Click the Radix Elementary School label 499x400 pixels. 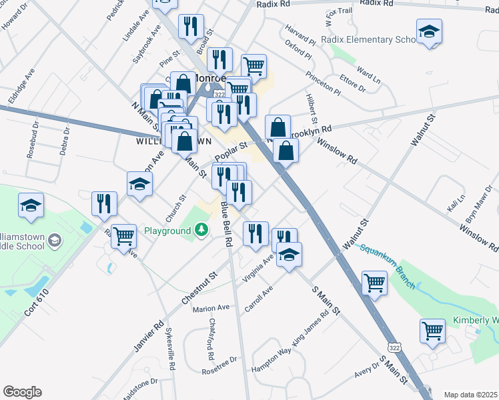point(368,40)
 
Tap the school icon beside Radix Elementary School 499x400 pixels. point(429,31)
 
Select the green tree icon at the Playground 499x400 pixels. point(201,231)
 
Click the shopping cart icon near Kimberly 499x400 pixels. point(432,330)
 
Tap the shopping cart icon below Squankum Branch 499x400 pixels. point(374,282)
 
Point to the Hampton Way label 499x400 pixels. point(272,361)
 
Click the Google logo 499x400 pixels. point(22,392)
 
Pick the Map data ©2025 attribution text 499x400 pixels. point(471,395)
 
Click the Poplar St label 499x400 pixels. point(231,151)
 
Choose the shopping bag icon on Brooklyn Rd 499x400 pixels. point(278,127)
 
